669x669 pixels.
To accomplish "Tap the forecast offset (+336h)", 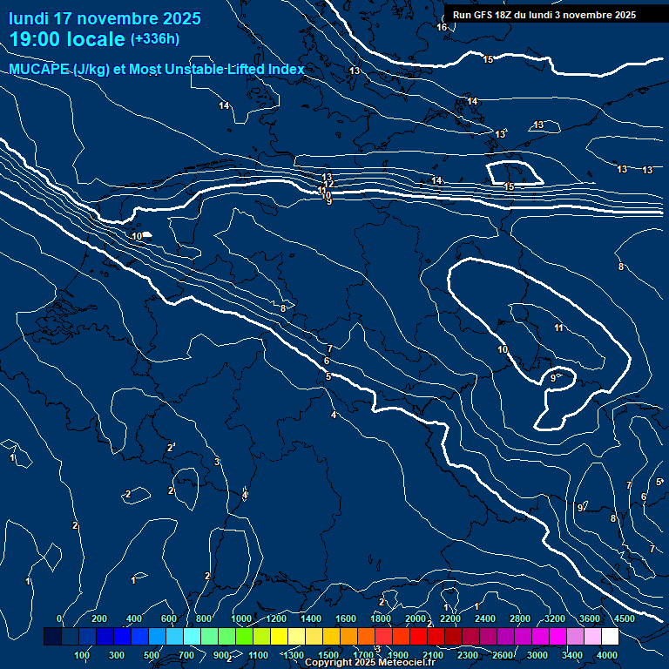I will [x=155, y=39].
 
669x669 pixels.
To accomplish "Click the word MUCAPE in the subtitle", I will [x=39, y=70].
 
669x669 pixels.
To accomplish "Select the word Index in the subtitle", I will [x=284, y=70].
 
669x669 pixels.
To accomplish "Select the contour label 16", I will [x=442, y=27].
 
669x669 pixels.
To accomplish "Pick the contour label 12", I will [x=330, y=183].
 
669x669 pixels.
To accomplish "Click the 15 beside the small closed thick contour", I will [x=510, y=186].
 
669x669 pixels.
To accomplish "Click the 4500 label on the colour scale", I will [x=625, y=618].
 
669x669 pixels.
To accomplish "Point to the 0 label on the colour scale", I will [x=59, y=618].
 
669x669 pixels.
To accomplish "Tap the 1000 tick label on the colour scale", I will [x=241, y=618].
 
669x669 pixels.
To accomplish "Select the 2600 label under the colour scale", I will [x=503, y=655].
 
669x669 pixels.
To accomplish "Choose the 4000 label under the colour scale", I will [x=607, y=655].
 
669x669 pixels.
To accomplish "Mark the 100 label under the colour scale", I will [x=83, y=655].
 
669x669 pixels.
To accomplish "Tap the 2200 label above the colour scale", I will [x=450, y=618].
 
